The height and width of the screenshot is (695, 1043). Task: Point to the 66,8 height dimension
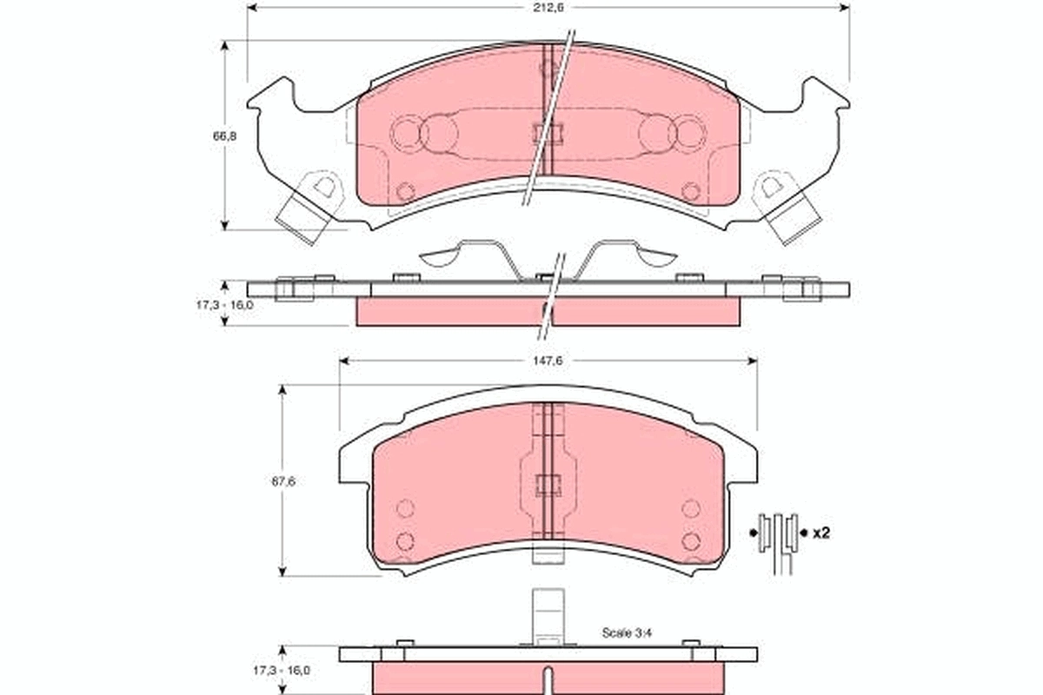[x=225, y=136]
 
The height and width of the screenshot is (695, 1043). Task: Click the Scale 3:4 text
[x=628, y=633]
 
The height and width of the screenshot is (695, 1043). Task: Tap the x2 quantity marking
[x=820, y=533]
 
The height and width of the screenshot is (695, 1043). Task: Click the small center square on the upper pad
[x=548, y=133]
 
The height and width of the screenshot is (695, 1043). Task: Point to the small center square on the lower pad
[x=548, y=486]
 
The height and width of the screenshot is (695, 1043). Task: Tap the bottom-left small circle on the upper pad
[x=404, y=191]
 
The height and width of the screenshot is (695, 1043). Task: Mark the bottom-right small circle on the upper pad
[x=691, y=191]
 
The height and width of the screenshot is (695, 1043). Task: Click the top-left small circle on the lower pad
[x=404, y=509]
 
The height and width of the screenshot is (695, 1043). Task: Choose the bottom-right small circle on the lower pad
[x=691, y=541]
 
